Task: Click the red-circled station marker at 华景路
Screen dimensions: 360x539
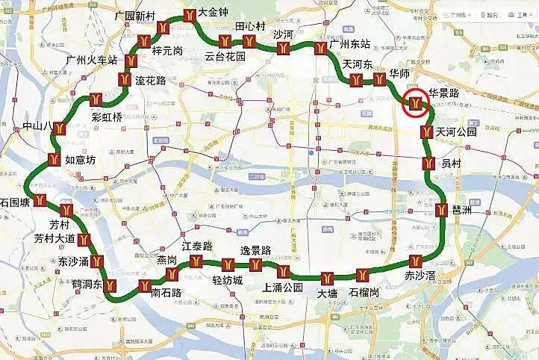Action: [416, 102]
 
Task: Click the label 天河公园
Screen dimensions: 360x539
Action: [457, 132]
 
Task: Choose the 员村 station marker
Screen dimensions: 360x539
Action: [429, 164]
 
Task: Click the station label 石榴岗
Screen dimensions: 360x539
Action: [364, 292]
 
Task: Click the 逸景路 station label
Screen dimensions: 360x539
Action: [255, 249]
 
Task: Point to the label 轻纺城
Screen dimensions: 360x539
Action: [228, 280]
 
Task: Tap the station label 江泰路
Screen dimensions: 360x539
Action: [197, 246]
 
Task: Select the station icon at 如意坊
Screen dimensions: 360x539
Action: [54, 158]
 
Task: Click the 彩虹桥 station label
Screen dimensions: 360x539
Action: [106, 117]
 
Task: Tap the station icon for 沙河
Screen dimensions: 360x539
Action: [283, 49]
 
